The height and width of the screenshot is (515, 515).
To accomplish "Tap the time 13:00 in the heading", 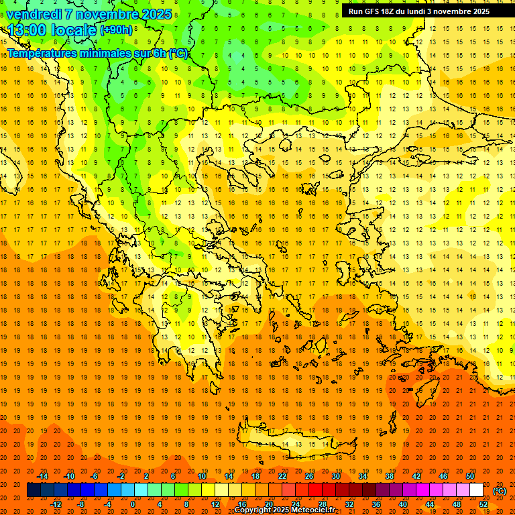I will coord(27,30).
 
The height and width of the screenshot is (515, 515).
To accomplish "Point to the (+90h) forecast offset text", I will coord(116,30).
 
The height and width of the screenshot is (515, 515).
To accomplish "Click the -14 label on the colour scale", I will coord(42,476).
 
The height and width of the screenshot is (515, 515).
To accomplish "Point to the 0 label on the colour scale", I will coord(133,504).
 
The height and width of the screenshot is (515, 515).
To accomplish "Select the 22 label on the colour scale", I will coord(282,476).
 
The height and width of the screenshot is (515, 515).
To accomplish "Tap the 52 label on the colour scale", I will coord(483,504).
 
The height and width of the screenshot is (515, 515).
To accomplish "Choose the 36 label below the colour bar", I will coord(376,504).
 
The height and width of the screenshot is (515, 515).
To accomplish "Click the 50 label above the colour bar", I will coord(470,476).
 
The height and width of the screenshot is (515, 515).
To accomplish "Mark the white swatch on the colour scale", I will coord(476,490).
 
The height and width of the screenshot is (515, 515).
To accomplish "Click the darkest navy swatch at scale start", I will coord(34,490).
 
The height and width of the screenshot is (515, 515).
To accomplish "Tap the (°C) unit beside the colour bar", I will coord(499,490).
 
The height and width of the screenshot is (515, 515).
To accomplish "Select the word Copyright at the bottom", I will coord(252,510).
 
